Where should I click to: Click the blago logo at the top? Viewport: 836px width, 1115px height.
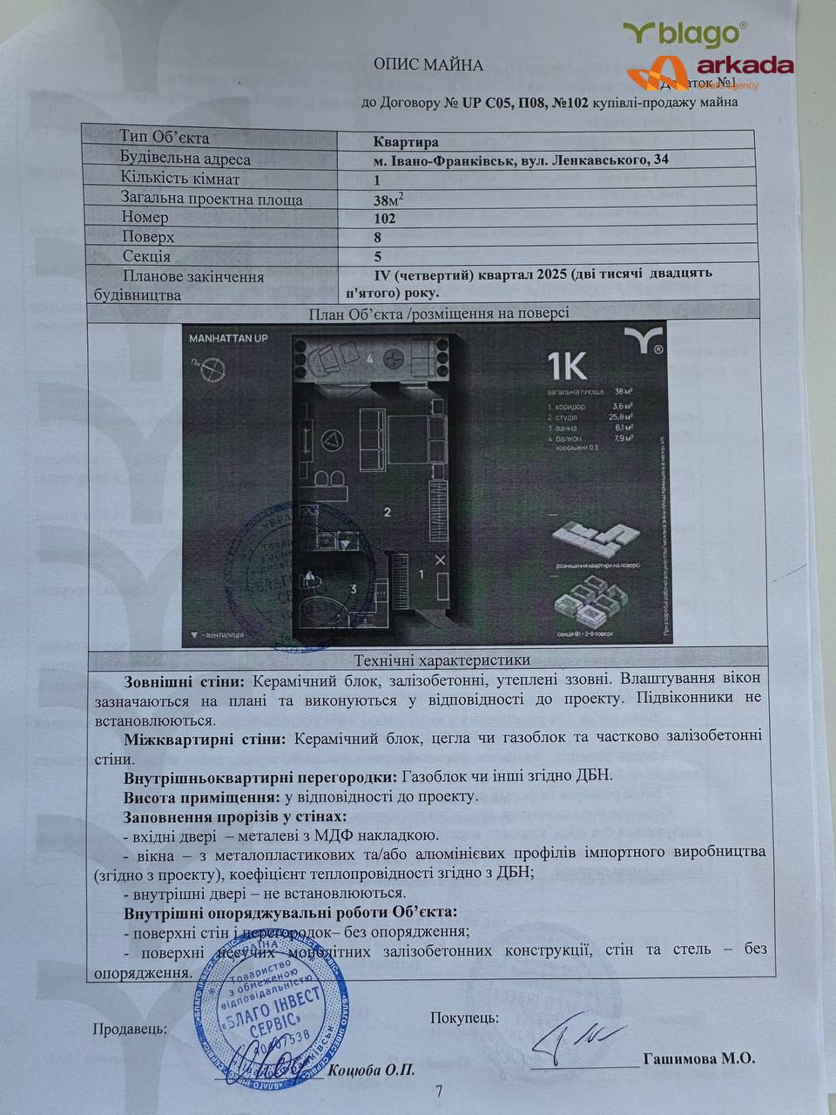point(685,34)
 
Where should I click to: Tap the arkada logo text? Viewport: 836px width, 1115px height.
point(745,65)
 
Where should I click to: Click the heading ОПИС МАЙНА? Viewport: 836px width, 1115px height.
point(428,64)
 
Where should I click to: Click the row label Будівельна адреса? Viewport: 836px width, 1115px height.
point(185,159)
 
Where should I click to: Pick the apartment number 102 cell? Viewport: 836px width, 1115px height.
point(384,219)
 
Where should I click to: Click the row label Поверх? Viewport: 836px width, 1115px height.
point(148,237)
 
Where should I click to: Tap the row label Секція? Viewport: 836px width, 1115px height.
point(146,256)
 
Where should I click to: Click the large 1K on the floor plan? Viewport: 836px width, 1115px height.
point(566,367)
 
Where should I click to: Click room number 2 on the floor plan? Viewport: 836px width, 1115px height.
point(388,511)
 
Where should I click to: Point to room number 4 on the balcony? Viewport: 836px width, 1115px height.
point(370,358)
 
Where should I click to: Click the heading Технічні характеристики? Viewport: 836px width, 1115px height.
point(442,660)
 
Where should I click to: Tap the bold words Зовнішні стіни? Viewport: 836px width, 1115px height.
point(176,679)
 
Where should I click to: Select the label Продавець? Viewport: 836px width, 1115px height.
point(130,1029)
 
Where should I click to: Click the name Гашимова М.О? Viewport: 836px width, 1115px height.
point(698,1058)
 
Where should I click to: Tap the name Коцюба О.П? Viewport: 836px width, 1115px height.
point(373,1070)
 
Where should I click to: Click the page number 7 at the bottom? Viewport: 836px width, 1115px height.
point(439,1091)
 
